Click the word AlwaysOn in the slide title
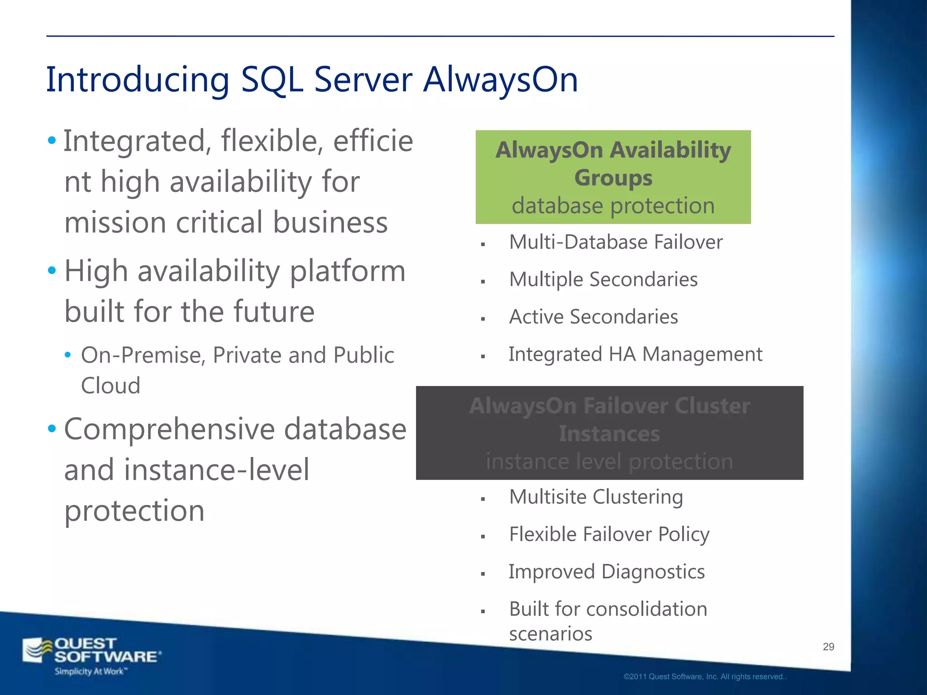(x=500, y=80)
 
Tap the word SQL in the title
(x=272, y=80)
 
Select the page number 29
(x=828, y=647)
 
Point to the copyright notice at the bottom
(x=705, y=677)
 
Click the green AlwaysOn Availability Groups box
(x=613, y=177)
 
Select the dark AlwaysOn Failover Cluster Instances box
(x=609, y=433)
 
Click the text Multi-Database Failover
(x=616, y=242)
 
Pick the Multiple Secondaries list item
(x=603, y=280)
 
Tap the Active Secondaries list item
(x=593, y=317)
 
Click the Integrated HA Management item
(x=635, y=354)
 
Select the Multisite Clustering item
(x=596, y=497)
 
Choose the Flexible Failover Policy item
(x=609, y=534)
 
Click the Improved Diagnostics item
(x=607, y=572)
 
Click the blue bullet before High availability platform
(x=52, y=271)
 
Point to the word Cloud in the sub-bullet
(x=110, y=386)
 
